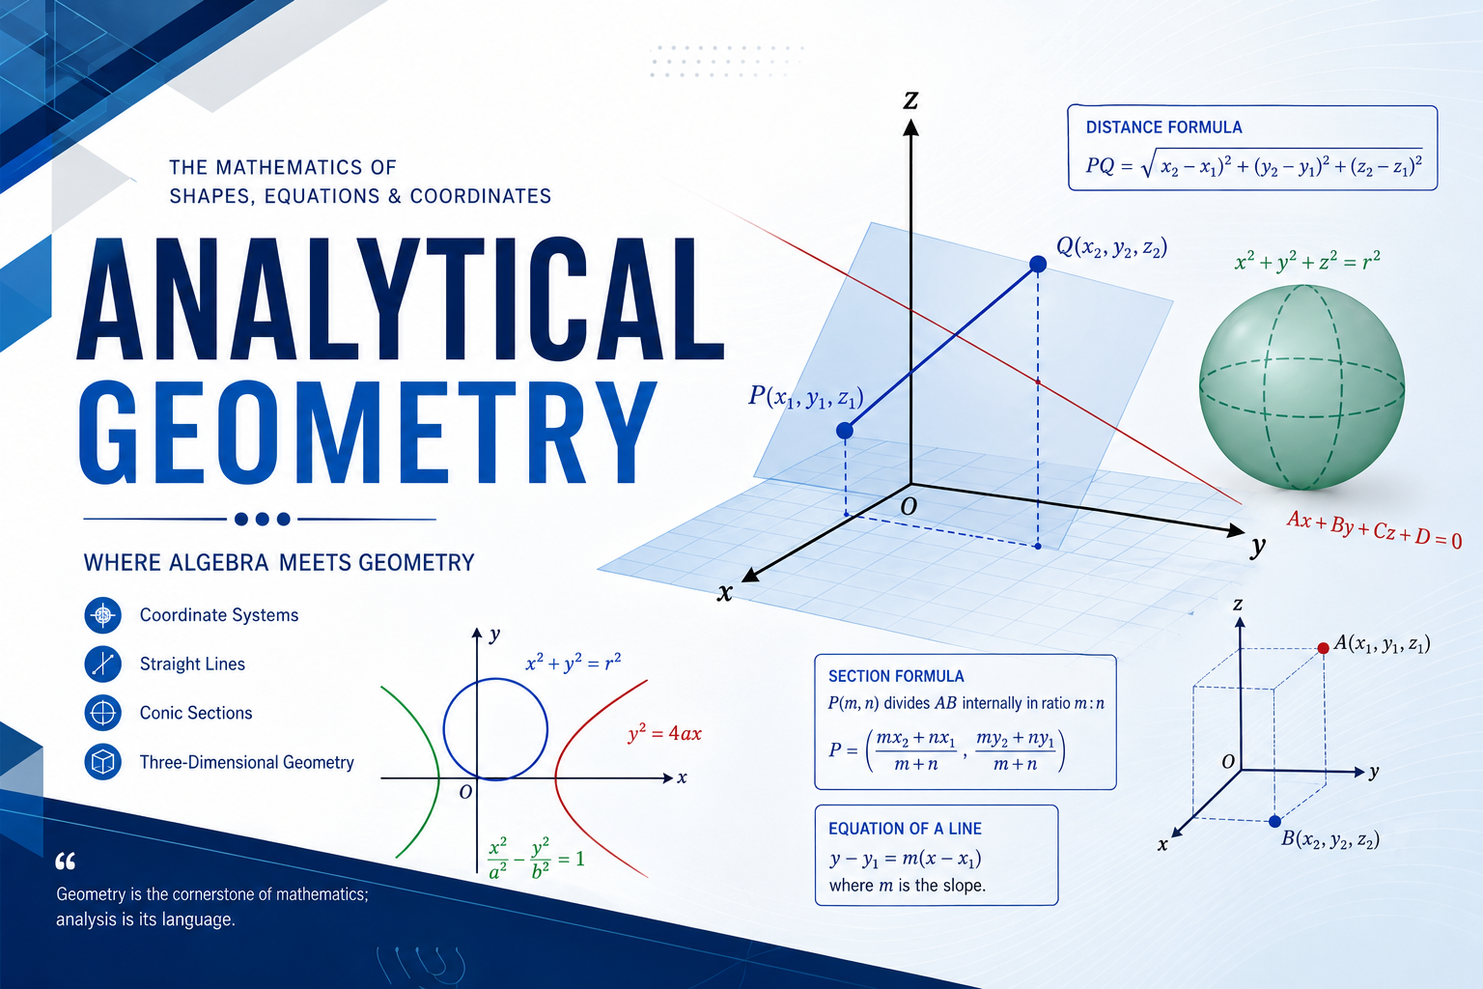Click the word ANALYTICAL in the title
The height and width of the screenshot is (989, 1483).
pyautogui.click(x=401, y=298)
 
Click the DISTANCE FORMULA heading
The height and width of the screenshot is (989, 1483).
pyautogui.click(x=1163, y=127)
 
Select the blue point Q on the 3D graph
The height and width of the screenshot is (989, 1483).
pyautogui.click(x=1038, y=265)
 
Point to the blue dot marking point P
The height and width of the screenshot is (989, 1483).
pyautogui.click(x=844, y=431)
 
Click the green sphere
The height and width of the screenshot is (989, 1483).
pyautogui.click(x=1301, y=387)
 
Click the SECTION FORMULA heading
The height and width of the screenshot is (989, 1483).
pyautogui.click(x=896, y=676)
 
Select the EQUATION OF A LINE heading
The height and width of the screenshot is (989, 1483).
pyautogui.click(x=905, y=828)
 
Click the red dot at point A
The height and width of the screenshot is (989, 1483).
pyautogui.click(x=1323, y=648)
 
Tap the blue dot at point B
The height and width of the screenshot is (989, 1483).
pyautogui.click(x=1274, y=821)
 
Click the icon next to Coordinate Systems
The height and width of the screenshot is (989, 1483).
pyautogui.click(x=102, y=615)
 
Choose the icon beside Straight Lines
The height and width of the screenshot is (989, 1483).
pyautogui.click(x=102, y=664)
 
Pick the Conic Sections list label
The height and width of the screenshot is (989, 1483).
pyautogui.click(x=196, y=713)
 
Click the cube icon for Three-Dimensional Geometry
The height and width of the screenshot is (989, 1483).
pyautogui.click(x=102, y=762)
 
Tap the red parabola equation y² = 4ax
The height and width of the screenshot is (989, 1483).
pyautogui.click(x=664, y=733)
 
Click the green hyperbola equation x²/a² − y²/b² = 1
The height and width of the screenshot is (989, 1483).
pyautogui.click(x=536, y=859)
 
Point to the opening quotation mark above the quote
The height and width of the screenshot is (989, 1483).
pyautogui.click(x=65, y=862)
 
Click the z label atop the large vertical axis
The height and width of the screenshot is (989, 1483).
pyautogui.click(x=911, y=100)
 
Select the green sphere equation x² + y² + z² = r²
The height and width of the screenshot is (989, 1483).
pyautogui.click(x=1307, y=261)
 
